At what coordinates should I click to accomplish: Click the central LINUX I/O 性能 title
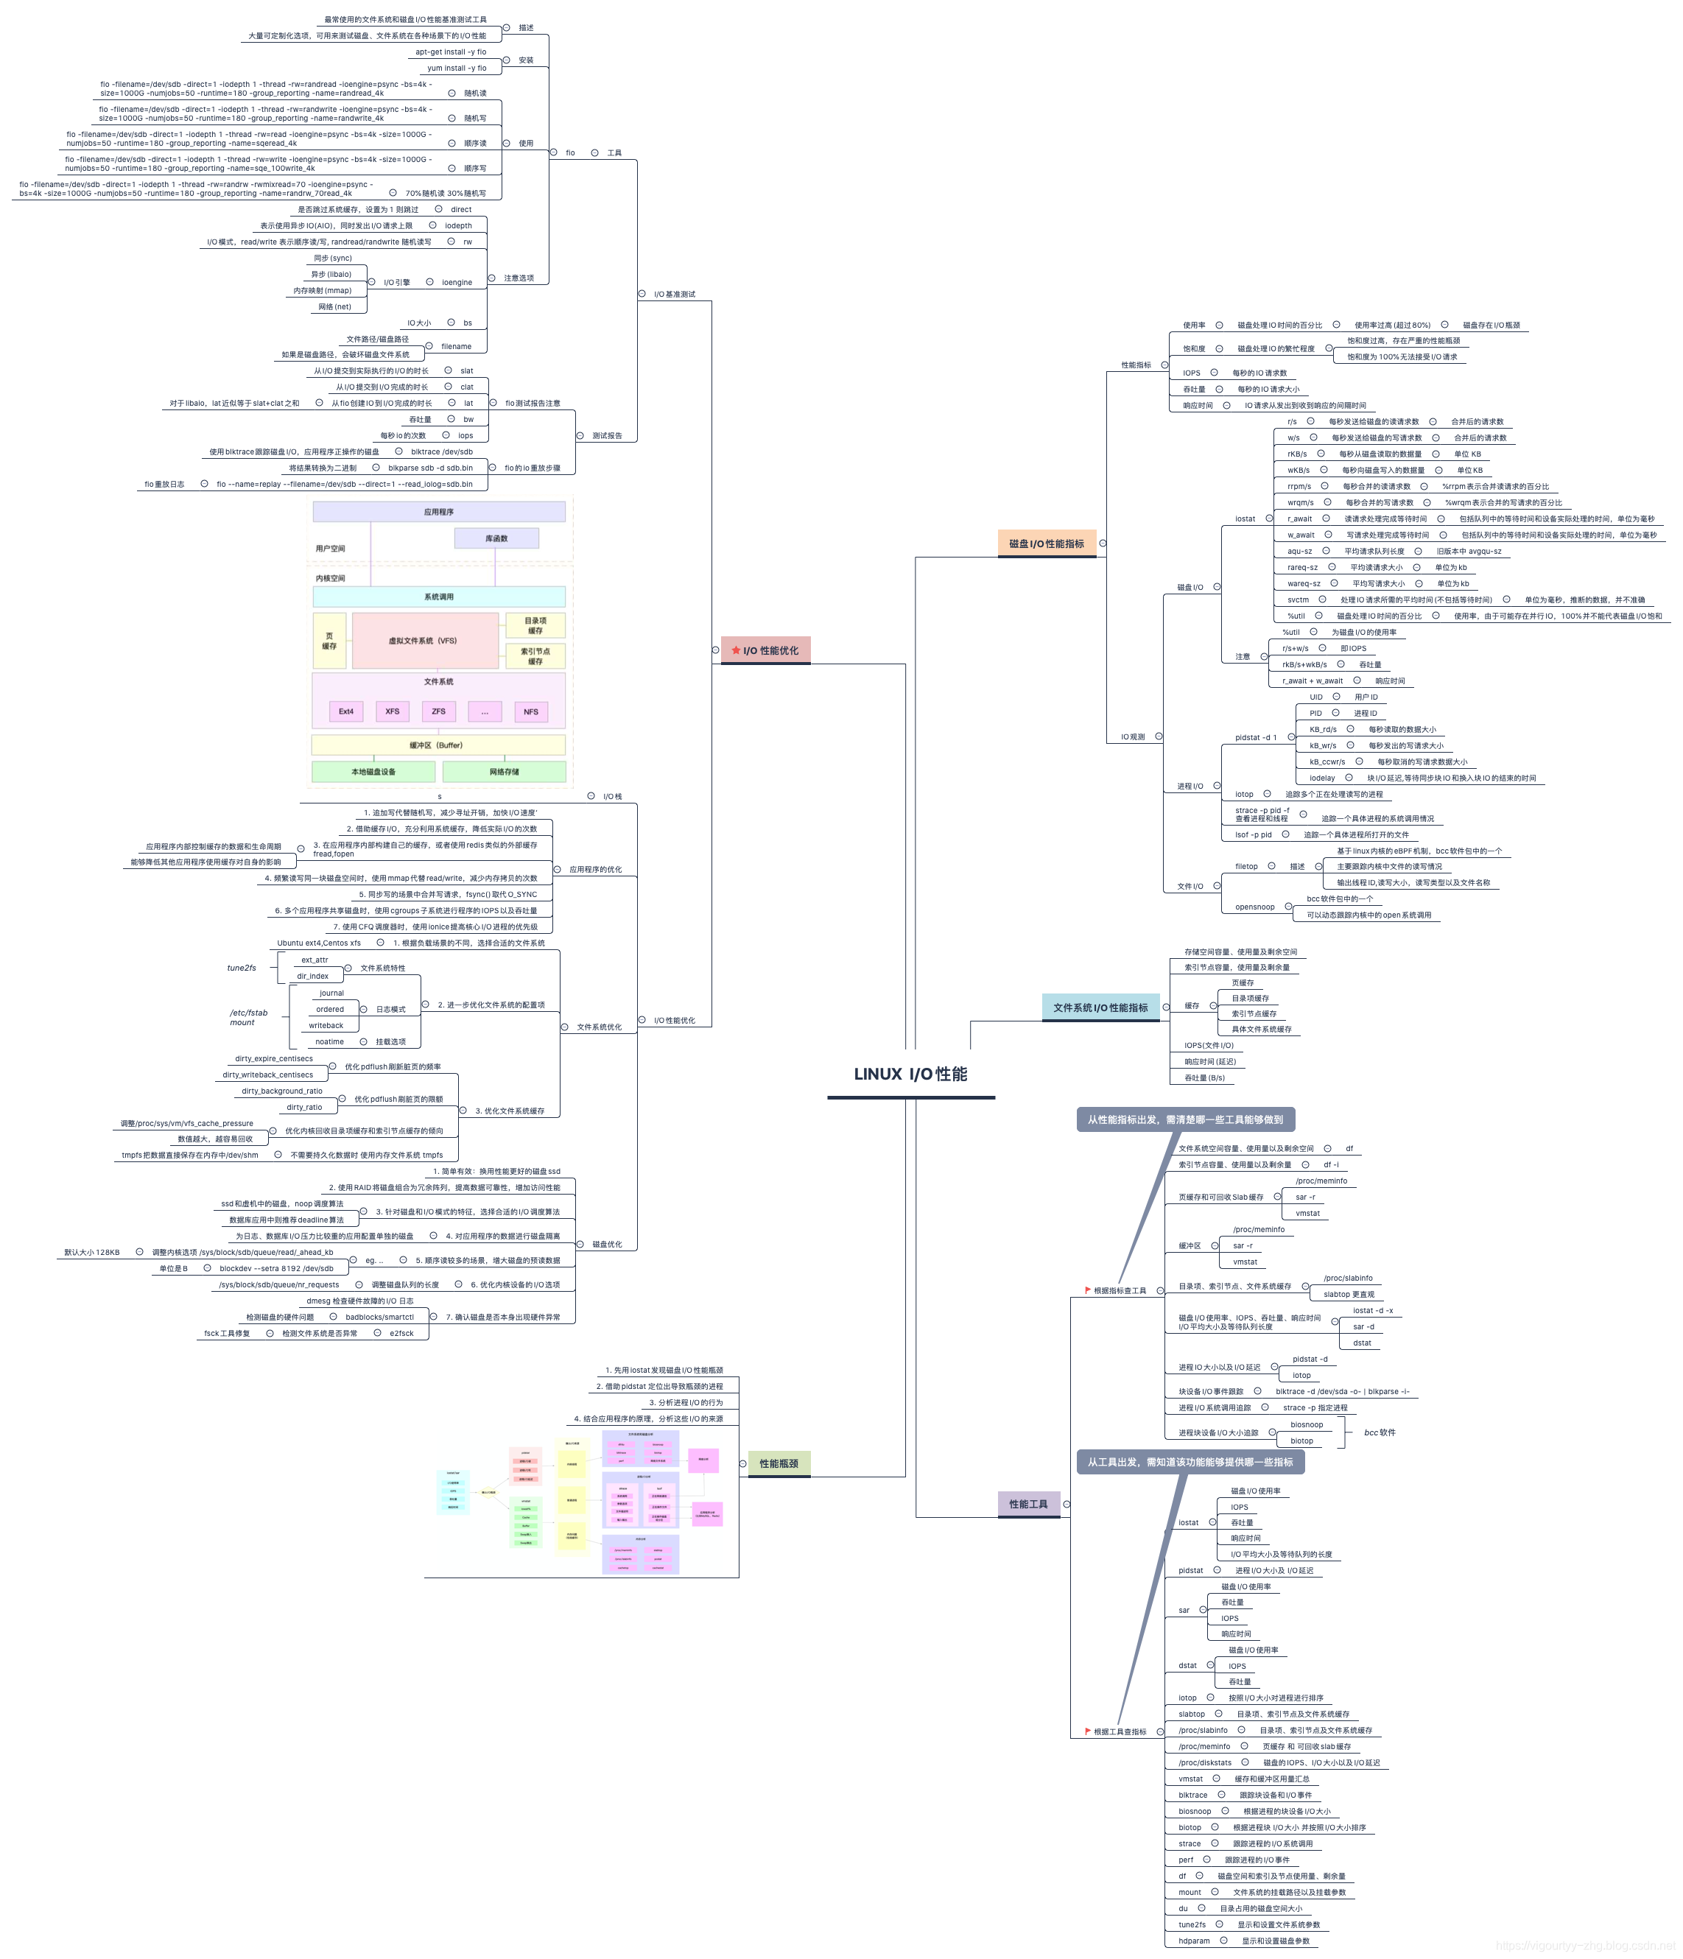tap(910, 1074)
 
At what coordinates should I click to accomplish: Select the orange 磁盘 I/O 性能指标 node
tap(1046, 544)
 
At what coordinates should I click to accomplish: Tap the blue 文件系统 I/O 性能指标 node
tap(1100, 1008)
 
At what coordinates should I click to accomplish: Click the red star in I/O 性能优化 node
tap(736, 650)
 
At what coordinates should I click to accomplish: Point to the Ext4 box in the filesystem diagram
tap(346, 711)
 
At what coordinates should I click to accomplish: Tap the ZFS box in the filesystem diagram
tap(439, 711)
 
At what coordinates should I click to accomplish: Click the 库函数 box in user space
tap(496, 538)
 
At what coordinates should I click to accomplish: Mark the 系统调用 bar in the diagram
tap(439, 597)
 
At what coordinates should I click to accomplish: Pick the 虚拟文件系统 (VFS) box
tap(424, 640)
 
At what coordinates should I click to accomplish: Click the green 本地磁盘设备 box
tap(373, 772)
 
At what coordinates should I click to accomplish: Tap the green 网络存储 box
tap(504, 772)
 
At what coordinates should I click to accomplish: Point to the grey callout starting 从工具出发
tap(1190, 1462)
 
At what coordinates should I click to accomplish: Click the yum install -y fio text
tap(457, 68)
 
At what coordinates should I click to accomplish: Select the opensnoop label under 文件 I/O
tap(1254, 907)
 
